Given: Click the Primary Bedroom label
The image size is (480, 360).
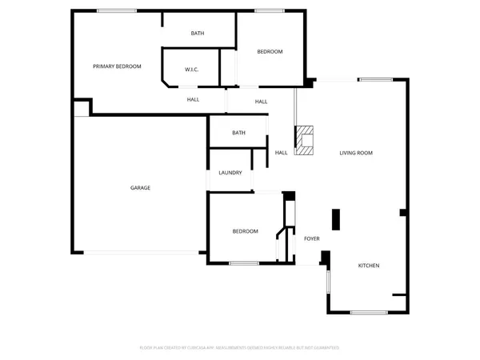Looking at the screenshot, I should tap(117, 66).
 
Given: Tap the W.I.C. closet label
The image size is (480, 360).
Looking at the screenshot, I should tap(191, 70).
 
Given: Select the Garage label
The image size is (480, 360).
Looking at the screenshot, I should tap(140, 188).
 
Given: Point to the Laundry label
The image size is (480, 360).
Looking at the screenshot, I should tap(230, 173).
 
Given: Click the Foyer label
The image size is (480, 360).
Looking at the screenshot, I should tap(311, 238).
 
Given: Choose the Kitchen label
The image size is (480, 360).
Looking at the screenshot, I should tap(368, 266).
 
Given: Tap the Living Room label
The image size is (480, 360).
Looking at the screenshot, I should tap(356, 153).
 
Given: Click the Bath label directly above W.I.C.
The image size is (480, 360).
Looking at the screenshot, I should tap(197, 34).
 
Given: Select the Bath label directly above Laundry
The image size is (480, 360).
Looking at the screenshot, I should tap(238, 133).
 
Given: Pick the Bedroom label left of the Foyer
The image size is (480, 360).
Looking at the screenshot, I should tap(245, 231).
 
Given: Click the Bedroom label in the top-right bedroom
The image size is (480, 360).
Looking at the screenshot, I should tap(270, 52).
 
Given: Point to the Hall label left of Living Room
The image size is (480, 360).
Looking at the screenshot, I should tap(281, 153).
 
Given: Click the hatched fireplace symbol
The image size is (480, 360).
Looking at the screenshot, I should tap(304, 141).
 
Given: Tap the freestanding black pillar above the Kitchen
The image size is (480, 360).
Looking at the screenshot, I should tap(336, 218).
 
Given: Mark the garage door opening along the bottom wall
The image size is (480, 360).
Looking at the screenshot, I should tap(142, 253).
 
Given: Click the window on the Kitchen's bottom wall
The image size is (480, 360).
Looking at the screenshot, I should tap(369, 312).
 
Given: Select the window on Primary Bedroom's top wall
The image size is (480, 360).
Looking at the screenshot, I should tap(116, 10).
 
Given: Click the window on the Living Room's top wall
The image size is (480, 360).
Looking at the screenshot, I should tap(375, 79).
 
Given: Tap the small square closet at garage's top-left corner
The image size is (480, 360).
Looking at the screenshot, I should tap(81, 107).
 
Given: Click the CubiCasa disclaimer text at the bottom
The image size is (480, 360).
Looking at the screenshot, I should tap(240, 348).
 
